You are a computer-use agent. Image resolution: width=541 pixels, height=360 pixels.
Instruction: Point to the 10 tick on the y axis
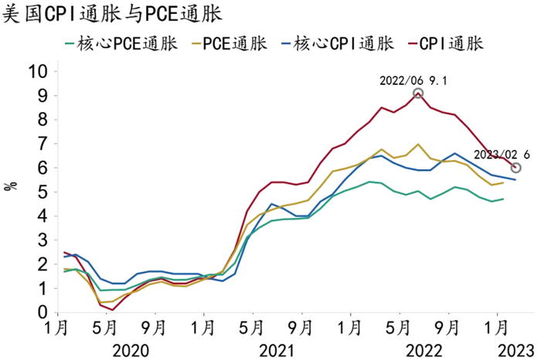tap(39, 72)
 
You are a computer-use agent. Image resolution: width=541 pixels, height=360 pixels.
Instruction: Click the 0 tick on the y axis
tap(43, 312)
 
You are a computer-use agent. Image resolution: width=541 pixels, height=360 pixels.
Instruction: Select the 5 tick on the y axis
tap(43, 192)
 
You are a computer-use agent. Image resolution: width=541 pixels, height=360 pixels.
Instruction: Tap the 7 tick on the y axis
tap(43, 144)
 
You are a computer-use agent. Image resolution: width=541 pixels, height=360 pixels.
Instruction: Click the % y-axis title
tap(10, 186)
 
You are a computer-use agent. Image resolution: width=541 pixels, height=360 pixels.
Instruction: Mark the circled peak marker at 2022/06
tap(418, 93)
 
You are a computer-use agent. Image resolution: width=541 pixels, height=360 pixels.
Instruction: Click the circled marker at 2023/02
tap(515, 168)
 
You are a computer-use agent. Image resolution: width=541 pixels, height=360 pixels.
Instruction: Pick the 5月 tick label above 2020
tap(104, 327)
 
